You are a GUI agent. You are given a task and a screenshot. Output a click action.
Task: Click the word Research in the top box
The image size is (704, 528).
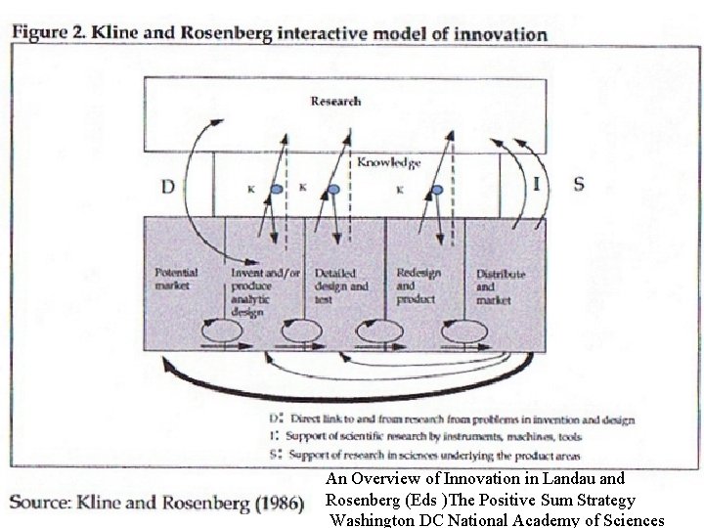coord(335,101)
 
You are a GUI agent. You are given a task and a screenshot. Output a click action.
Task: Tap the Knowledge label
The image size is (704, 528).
coord(388,163)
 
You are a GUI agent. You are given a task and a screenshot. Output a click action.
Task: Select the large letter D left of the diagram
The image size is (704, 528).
coord(167,186)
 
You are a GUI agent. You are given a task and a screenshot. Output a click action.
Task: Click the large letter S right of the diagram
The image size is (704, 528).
coord(578,184)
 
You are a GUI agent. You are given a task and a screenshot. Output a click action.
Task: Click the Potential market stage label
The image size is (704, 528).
coord(177,279)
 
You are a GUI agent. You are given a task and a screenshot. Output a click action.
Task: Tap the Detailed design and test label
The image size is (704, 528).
coord(341,286)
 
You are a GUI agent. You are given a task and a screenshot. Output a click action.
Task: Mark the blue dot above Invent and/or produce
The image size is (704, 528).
coord(278,189)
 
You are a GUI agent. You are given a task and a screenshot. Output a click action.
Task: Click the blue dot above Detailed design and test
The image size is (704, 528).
coord(333,189)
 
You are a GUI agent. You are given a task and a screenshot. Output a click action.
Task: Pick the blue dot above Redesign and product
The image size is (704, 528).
coord(437,189)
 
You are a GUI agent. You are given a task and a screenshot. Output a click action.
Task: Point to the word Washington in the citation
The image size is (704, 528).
coord(375,519)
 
